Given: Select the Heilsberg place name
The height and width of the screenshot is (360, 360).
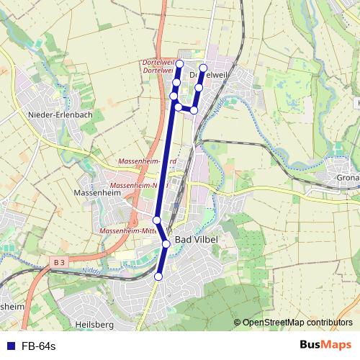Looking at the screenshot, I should pos(94,325).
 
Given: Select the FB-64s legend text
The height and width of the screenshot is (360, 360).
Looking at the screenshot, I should pos(39,346).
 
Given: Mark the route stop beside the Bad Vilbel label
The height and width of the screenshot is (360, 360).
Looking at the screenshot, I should pos(166,244).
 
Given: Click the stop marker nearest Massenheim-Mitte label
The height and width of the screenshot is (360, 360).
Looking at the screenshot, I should pos(157,220).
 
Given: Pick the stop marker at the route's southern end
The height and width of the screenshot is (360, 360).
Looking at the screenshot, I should pos(159,276).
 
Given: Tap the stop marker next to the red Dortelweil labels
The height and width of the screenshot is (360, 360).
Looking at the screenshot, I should pos(179,64).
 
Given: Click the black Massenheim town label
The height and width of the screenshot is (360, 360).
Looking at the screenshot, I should pos(96,194).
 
